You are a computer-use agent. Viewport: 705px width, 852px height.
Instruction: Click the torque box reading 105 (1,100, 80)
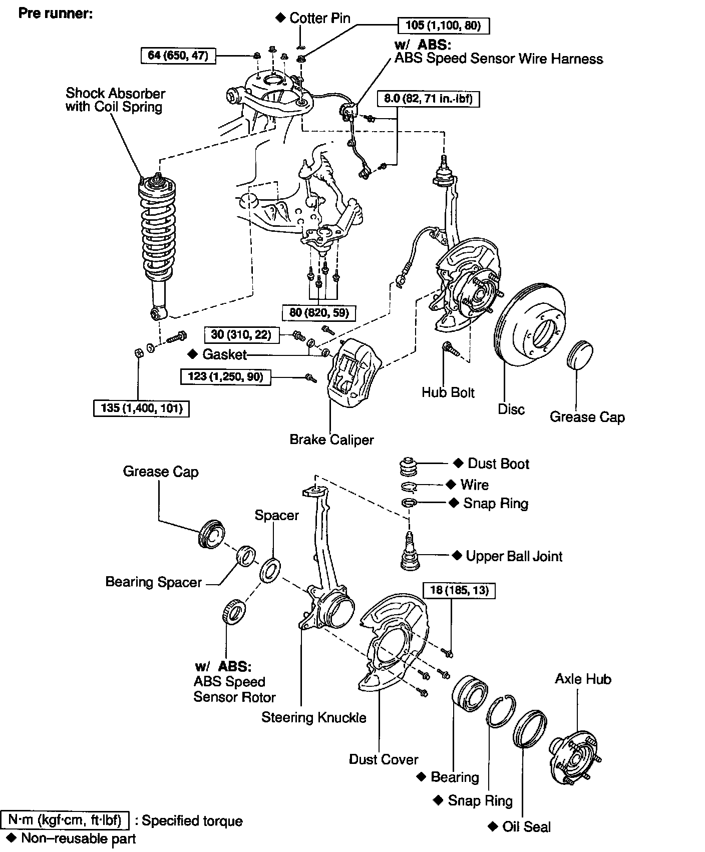coord(443,26)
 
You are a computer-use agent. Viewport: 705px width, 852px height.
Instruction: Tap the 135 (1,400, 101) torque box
coord(142,408)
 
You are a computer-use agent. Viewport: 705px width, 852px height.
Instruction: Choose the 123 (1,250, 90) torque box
coord(225,376)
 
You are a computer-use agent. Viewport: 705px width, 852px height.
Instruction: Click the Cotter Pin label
coord(319,19)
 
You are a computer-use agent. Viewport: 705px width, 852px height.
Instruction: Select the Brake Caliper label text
coord(331,440)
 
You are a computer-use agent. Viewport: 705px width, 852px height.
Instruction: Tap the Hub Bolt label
coord(448,392)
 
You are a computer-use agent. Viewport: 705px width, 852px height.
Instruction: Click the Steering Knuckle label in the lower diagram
coord(314,717)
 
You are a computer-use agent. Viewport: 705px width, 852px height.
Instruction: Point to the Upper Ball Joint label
coord(514,556)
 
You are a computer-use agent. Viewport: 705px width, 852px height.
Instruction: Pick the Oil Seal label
coord(526,826)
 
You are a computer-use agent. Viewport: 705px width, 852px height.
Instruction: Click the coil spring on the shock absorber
coord(157,230)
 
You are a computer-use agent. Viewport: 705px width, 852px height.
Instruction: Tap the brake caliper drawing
coord(354,369)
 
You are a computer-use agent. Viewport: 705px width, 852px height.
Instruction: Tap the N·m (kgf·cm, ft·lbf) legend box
coord(66,821)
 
